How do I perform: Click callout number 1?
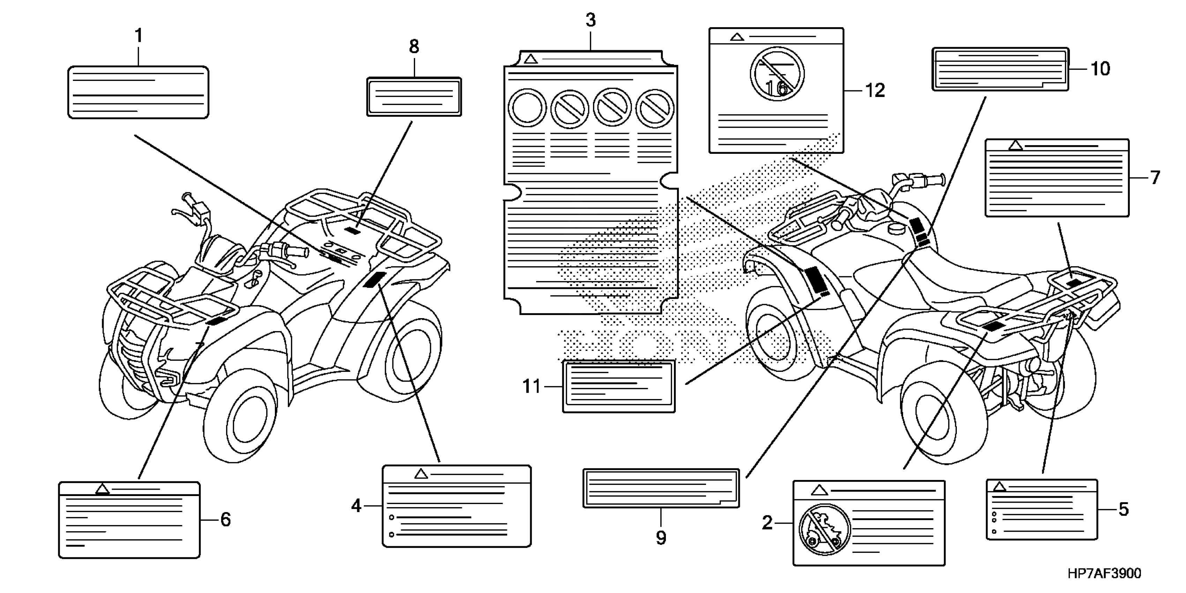click(138, 36)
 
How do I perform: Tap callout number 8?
click(414, 46)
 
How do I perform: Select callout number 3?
click(591, 20)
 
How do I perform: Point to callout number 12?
click(875, 91)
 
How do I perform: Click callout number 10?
click(1101, 69)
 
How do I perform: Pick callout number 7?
click(1155, 178)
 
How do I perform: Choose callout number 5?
click(1123, 509)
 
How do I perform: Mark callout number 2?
click(767, 523)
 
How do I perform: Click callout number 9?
click(661, 537)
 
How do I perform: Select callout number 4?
click(356, 506)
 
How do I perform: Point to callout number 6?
click(225, 519)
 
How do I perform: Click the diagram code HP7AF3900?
click(1104, 573)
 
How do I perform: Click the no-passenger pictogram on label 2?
click(825, 529)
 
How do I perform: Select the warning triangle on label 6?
click(103, 489)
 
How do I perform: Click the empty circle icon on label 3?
click(527, 108)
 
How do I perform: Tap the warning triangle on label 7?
click(1015, 145)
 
